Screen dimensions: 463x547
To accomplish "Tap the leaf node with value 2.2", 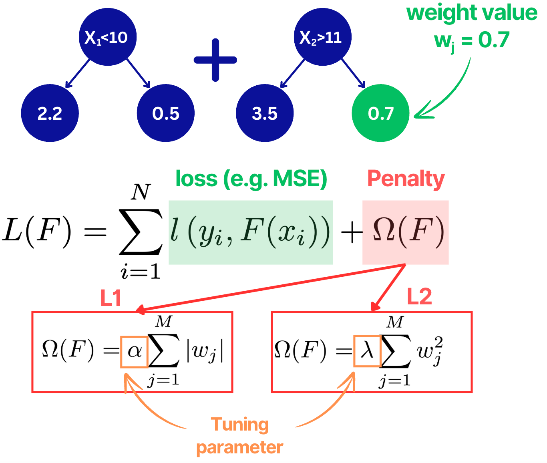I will [x=50, y=113].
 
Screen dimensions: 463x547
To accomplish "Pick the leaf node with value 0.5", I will [x=166, y=113].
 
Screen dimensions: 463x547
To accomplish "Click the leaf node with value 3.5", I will [x=265, y=113].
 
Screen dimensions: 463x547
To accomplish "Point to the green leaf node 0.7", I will [x=380, y=113].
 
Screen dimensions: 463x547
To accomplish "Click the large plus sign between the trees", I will [x=215, y=60].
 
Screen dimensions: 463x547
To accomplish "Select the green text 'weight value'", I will [x=472, y=13].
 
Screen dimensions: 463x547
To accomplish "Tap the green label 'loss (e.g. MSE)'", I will [x=251, y=179].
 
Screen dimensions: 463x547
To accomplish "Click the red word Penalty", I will [x=406, y=179].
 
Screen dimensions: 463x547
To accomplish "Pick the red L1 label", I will [x=111, y=298].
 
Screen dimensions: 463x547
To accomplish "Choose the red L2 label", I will [x=419, y=297].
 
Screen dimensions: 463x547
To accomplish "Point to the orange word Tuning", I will [x=240, y=425].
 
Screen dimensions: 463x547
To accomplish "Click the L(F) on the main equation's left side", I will [x=37, y=231].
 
